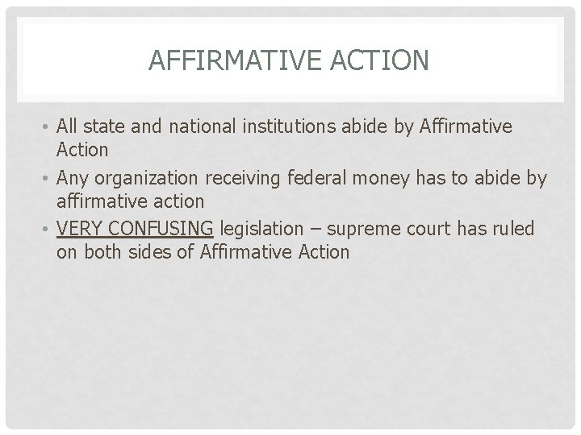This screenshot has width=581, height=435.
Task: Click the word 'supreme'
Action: pyautogui.click(x=370, y=230)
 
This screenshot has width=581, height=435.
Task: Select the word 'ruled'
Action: pyautogui.click(x=515, y=230)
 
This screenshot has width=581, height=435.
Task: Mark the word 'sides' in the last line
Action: pyautogui.click(x=147, y=252)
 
